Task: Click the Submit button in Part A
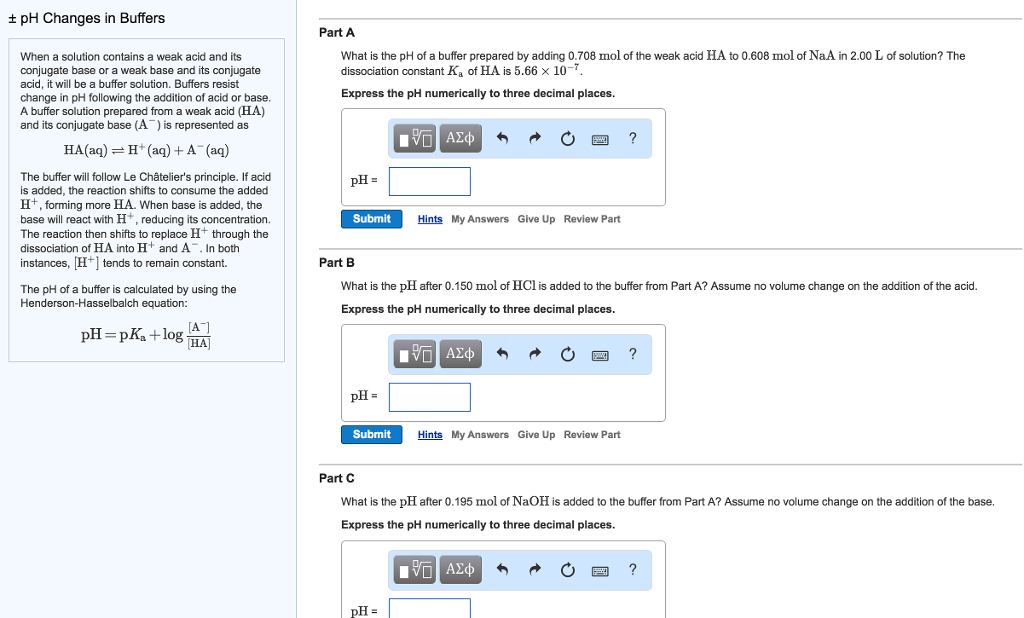372,219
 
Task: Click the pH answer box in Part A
430,182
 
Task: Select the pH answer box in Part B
430,397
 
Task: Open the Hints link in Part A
430,220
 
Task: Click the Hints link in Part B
430,435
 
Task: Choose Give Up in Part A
536,220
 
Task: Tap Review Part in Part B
592,435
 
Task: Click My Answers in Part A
480,220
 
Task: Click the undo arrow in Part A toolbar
502,138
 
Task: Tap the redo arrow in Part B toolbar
535,353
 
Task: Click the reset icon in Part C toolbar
568,570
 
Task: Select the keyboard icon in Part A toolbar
600,139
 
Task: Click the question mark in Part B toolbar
632,353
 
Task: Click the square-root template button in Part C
415,570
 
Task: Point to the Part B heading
337,263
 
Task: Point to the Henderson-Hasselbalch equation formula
146,334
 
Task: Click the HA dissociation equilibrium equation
146,150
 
